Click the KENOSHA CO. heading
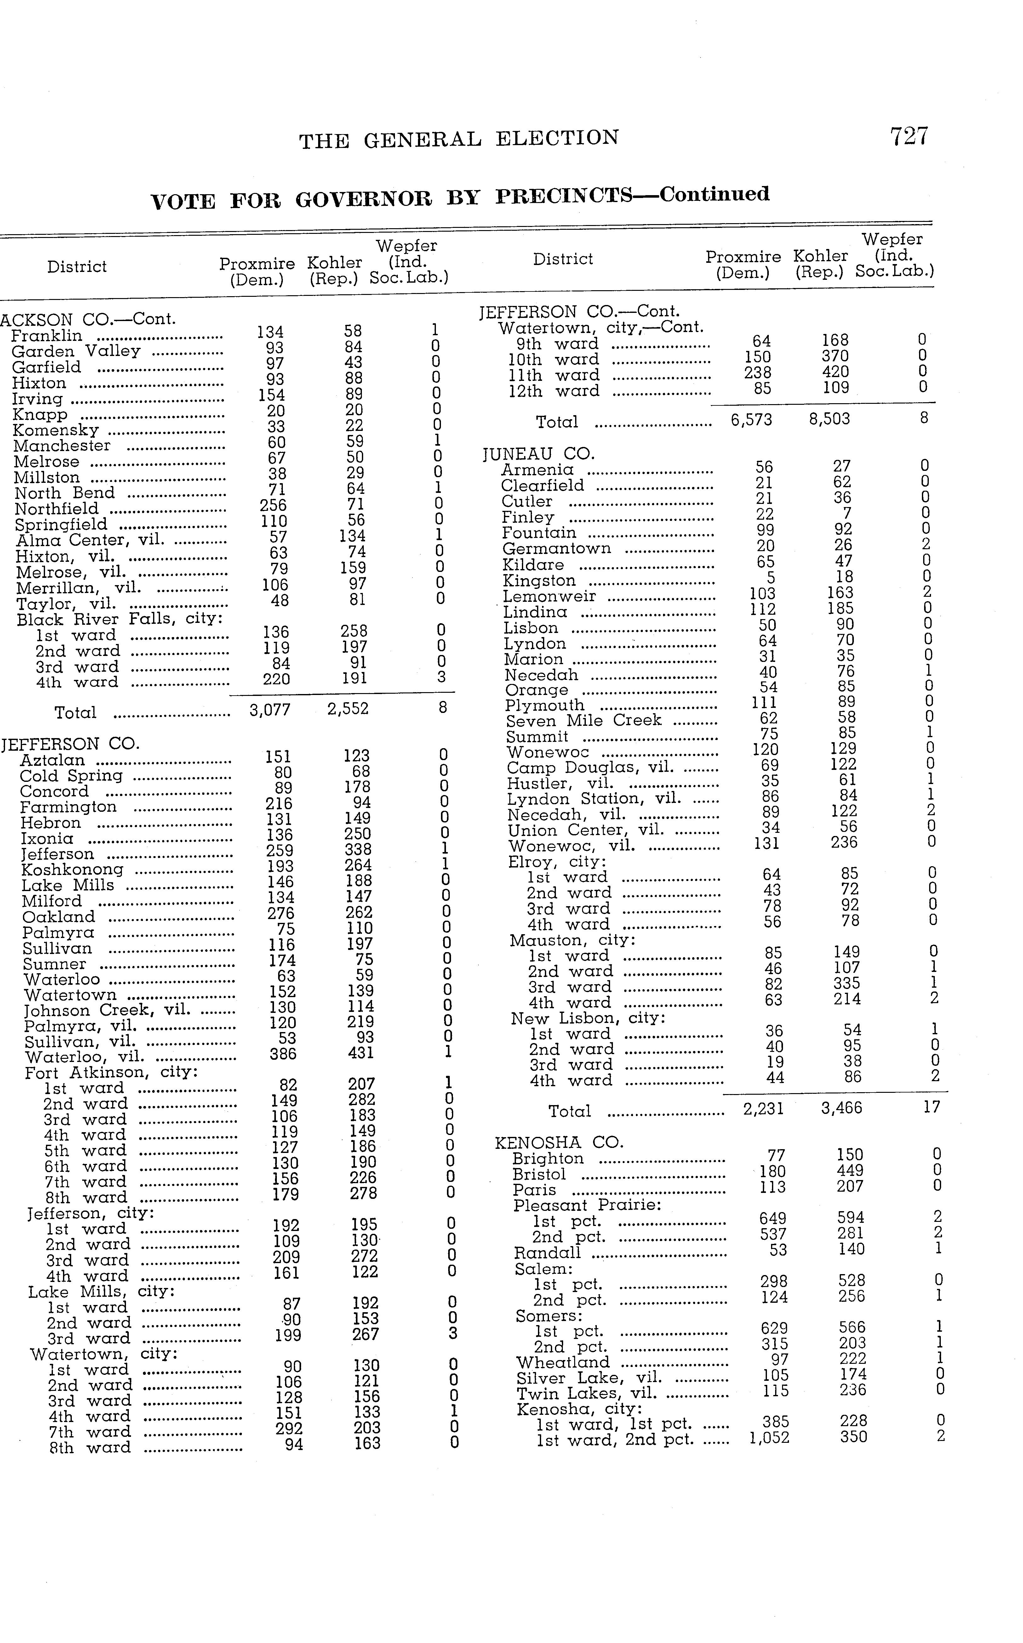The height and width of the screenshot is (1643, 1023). pos(559,1143)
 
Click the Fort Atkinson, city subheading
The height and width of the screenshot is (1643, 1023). pos(111,1073)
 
